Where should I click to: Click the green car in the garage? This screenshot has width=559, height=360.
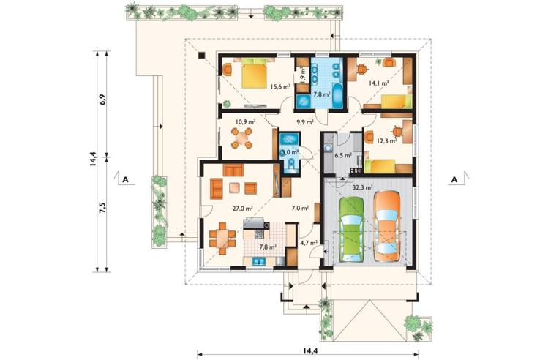[x=352, y=228]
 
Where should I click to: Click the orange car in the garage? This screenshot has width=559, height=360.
[x=386, y=225]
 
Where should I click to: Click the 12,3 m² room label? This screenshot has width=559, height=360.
[x=386, y=140]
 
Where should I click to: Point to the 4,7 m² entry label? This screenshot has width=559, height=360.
[x=308, y=242]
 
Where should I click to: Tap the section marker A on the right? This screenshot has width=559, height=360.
[x=454, y=179]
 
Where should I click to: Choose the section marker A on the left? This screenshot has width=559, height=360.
[x=126, y=179]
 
